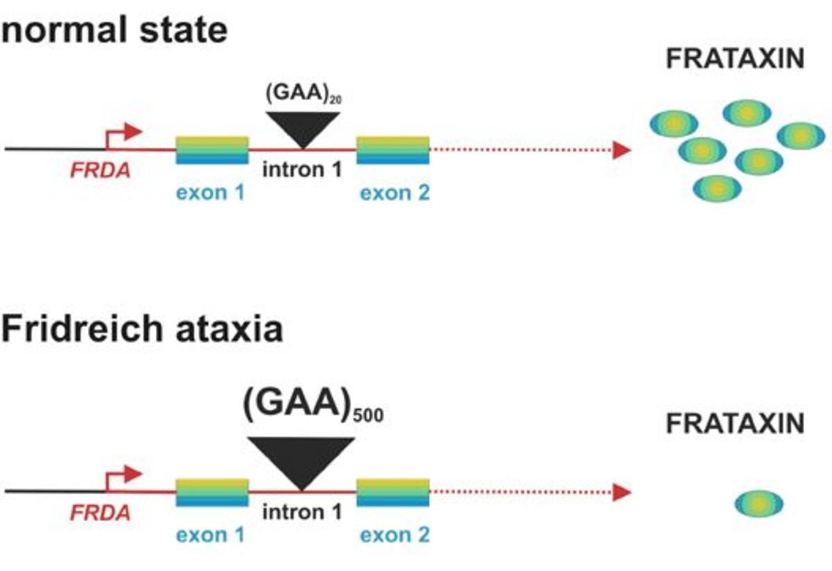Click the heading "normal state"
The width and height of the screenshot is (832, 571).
tap(114, 30)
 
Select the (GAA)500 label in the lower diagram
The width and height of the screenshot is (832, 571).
tap(312, 410)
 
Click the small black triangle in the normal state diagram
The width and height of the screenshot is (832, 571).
tap(302, 127)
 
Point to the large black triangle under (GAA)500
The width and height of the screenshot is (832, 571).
tap(302, 460)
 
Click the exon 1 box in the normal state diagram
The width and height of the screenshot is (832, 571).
tap(212, 150)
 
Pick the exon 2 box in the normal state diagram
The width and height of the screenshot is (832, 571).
tap(393, 150)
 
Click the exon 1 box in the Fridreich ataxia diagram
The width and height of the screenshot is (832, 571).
tap(212, 493)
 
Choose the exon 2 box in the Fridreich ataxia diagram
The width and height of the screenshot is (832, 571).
tap(393, 493)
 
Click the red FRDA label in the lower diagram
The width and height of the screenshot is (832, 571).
tap(100, 513)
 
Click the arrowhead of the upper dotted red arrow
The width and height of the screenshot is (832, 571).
tap(621, 150)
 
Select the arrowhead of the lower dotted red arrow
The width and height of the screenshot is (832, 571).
tap(621, 493)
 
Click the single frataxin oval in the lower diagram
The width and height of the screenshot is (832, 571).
tap(759, 504)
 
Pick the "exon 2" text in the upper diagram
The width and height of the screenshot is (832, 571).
tap(395, 192)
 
